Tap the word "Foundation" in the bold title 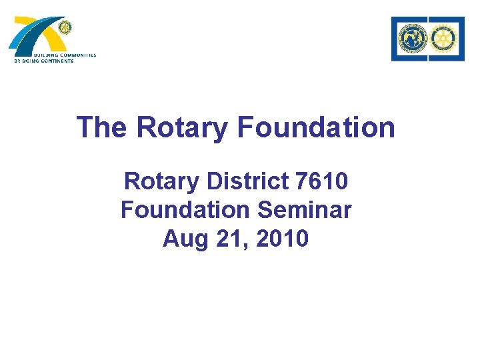(x=315, y=127)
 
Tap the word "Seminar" (x=304, y=209)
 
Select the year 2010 (x=283, y=238)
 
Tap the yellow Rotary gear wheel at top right (x=445, y=39)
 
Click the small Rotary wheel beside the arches (x=64, y=27)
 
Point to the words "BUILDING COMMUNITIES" (x=65, y=55)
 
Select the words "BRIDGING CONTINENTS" (x=44, y=61)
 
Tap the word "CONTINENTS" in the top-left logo (x=56, y=61)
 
